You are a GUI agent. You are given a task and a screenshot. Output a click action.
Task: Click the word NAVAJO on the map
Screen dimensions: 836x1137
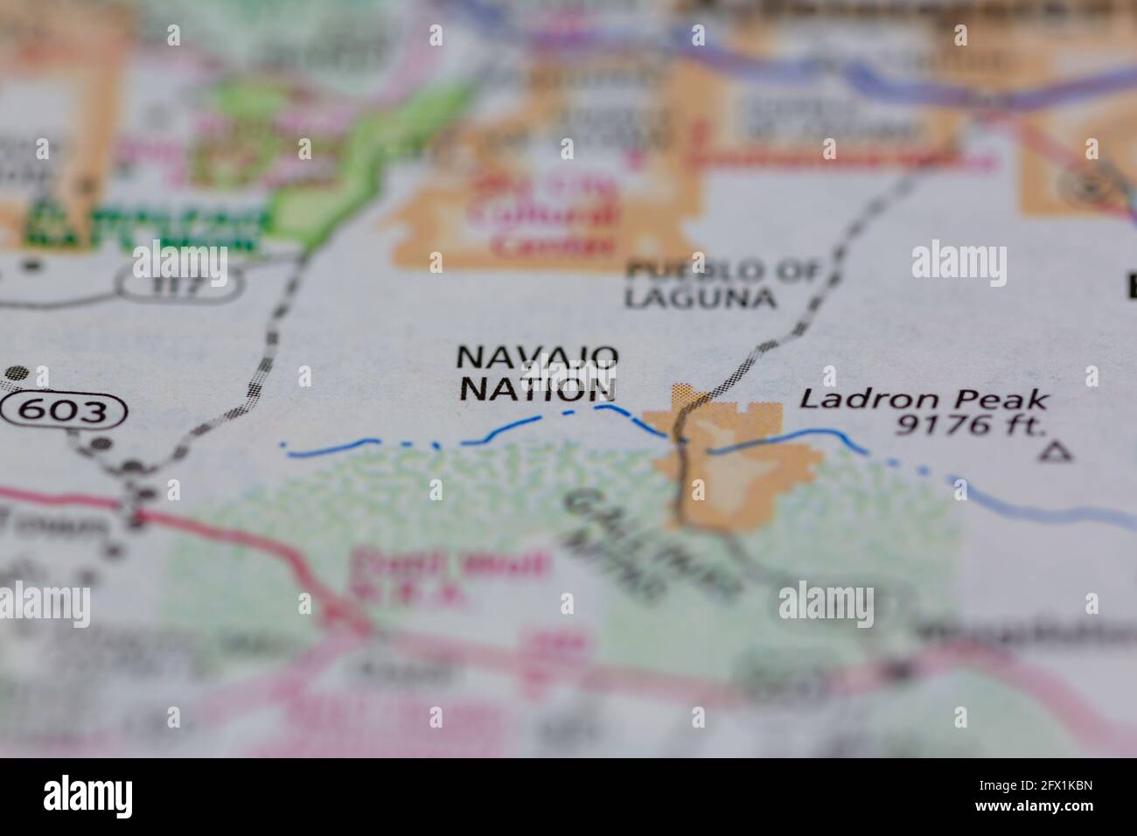click(x=538, y=358)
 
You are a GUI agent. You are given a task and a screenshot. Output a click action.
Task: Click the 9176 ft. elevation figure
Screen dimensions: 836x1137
click(x=970, y=426)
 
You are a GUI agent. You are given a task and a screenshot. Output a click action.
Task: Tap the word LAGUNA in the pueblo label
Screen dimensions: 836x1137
click(x=700, y=297)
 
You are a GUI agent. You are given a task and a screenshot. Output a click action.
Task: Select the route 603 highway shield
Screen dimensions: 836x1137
click(x=65, y=410)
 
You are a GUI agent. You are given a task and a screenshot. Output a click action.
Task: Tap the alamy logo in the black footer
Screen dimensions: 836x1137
click(x=87, y=797)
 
